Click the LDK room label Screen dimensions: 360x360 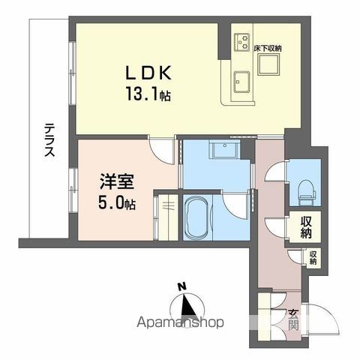tap(149, 73)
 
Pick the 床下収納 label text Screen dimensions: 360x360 tap(267, 48)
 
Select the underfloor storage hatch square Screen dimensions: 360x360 tap(268, 65)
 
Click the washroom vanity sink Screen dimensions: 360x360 tap(223, 151)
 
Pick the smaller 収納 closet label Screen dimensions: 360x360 tap(312, 258)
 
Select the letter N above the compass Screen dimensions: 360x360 tap(181, 286)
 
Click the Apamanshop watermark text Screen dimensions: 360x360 tap(180, 325)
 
